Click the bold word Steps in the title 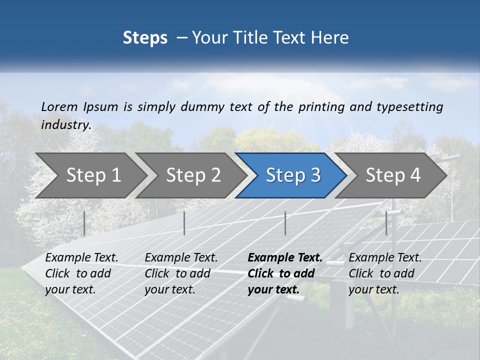145,38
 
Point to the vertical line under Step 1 84,223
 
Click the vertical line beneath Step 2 184,223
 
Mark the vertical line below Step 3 285,223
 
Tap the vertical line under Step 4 386,223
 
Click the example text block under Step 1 81,273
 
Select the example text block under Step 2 181,273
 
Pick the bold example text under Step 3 285,273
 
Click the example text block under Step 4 385,273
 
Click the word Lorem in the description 59,106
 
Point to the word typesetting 409,107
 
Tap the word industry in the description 65,125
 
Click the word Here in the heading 329,38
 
